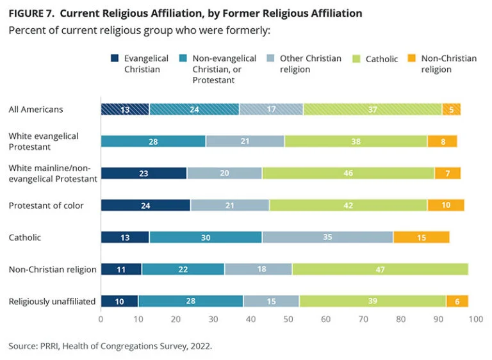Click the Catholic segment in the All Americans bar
point(372,110)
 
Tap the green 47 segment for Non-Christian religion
point(380,269)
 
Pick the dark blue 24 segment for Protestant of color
point(145,205)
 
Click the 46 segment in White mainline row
point(348,173)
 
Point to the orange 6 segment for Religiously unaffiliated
point(457,301)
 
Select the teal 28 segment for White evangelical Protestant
point(153,141)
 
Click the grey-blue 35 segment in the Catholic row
point(327,237)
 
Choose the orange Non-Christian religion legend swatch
point(413,59)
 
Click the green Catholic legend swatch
point(357,59)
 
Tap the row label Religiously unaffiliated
point(52,301)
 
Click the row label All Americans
point(36,110)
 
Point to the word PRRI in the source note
point(49,346)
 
